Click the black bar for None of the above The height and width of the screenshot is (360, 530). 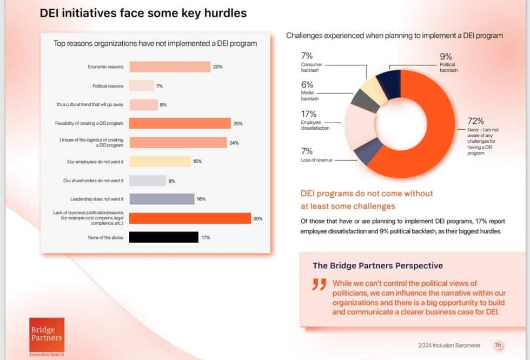coord(164,237)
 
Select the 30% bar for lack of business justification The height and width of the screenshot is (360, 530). coord(190,218)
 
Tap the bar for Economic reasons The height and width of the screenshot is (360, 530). coord(170,66)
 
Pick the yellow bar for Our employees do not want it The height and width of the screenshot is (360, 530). coord(160,162)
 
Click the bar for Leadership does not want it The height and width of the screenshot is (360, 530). coord(162,199)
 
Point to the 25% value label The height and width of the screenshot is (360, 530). coord(237,124)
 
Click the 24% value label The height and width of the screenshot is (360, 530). coord(234,143)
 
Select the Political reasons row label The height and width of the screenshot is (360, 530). coord(108,86)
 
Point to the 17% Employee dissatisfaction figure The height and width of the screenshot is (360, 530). coord(308,114)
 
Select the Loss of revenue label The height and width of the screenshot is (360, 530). coord(316,160)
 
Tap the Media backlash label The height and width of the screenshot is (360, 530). coord(309,96)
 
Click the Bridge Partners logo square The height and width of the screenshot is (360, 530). coord(47,334)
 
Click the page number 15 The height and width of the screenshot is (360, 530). coord(498,345)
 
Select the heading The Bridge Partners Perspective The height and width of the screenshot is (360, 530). coord(377,265)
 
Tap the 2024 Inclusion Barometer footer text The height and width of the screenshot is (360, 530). coord(449,345)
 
